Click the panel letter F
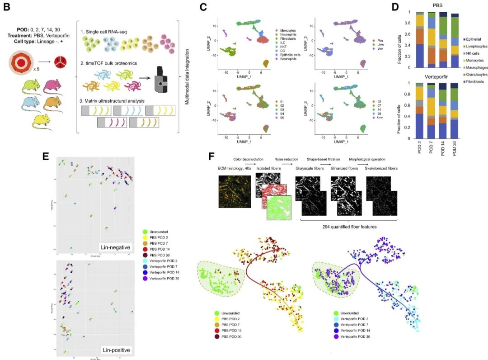coord(211,156)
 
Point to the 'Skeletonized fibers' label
coord(383,168)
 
